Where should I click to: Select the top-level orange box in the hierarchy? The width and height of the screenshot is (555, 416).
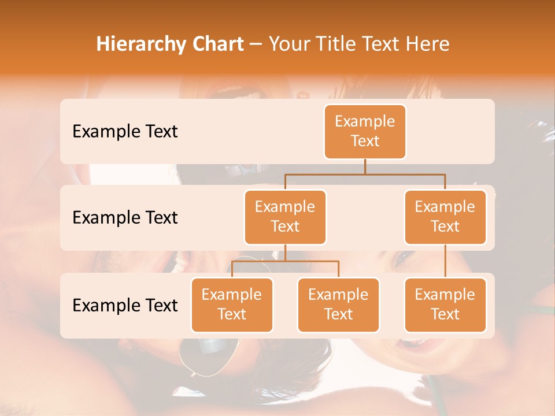tap(365, 132)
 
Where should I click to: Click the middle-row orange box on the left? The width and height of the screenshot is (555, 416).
tap(285, 217)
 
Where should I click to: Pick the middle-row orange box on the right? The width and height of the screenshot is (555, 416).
tap(445, 217)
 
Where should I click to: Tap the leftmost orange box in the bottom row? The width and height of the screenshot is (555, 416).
tap(232, 305)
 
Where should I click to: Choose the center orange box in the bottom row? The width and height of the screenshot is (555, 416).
tap(338, 305)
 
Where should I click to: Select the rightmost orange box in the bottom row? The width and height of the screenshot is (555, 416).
tap(445, 305)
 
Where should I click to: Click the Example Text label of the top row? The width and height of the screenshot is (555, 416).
tap(125, 132)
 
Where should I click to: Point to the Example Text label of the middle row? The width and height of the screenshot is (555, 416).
tap(125, 218)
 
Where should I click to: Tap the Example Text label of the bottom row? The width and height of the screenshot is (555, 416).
tap(125, 305)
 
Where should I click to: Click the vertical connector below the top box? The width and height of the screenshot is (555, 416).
tap(365, 166)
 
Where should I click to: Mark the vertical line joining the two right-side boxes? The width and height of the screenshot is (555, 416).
tap(445, 261)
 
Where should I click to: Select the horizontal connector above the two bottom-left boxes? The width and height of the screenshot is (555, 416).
tap(285, 261)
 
